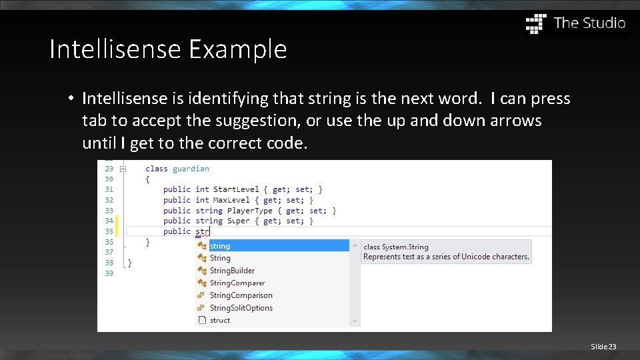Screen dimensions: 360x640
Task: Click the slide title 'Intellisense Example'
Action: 168,49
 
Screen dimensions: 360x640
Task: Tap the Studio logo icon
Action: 535,23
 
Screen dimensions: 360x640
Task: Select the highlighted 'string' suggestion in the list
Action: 220,246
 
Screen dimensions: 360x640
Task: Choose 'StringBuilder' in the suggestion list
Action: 232,271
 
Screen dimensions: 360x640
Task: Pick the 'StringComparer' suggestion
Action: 237,283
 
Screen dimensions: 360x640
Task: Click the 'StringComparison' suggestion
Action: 241,295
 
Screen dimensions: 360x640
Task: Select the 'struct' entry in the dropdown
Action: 220,320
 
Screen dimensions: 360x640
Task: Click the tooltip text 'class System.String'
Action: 395,247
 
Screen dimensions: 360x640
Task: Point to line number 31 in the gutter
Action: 109,190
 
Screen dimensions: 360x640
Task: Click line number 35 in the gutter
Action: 109,231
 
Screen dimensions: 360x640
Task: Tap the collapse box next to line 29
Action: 123,169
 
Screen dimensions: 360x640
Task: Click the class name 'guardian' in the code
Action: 191,169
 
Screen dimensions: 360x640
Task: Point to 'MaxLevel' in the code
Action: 231,200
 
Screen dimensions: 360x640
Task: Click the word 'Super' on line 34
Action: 239,221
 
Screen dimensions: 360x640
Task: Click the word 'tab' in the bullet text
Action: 93,121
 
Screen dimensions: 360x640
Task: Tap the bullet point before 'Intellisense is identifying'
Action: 70,99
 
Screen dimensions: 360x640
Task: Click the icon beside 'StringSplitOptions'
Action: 201,308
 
